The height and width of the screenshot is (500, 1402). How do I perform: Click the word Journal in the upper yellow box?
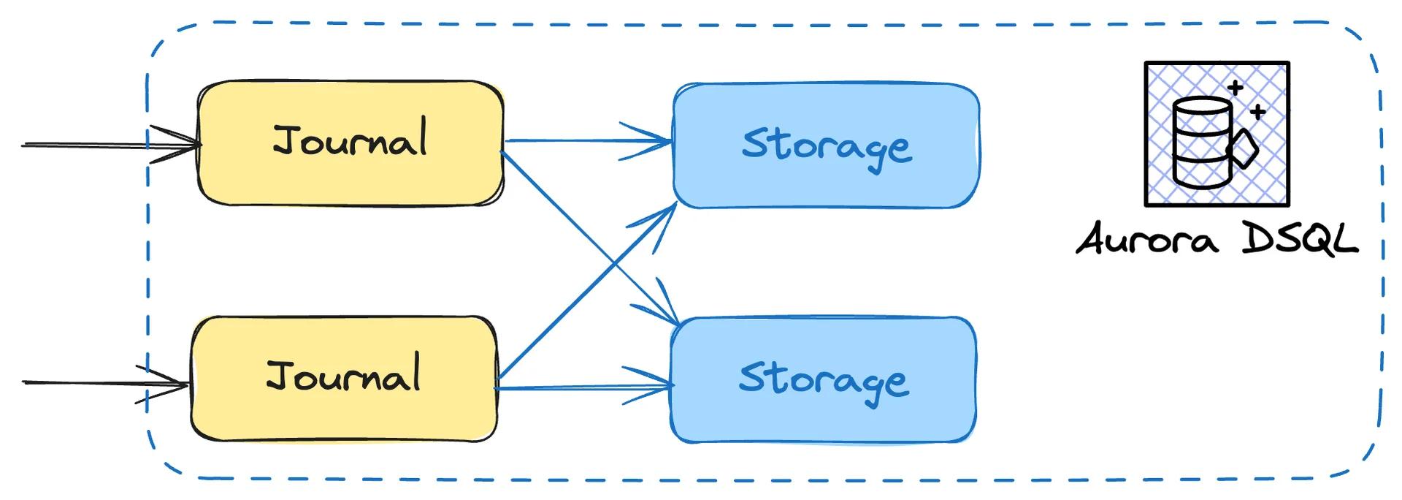click(350, 140)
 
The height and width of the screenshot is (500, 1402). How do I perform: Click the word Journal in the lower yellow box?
click(343, 376)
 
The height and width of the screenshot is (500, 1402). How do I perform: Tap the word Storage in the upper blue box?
click(826, 145)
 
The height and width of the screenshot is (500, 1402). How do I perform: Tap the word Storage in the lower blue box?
click(824, 380)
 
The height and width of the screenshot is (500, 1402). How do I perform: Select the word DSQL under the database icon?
click(1300, 238)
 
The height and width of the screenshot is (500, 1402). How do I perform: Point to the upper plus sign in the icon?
click(1235, 88)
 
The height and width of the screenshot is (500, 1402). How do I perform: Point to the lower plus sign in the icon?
click(1257, 112)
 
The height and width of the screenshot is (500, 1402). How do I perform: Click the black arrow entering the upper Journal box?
click(110, 145)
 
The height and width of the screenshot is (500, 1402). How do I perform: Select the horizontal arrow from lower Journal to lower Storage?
click(584, 387)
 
